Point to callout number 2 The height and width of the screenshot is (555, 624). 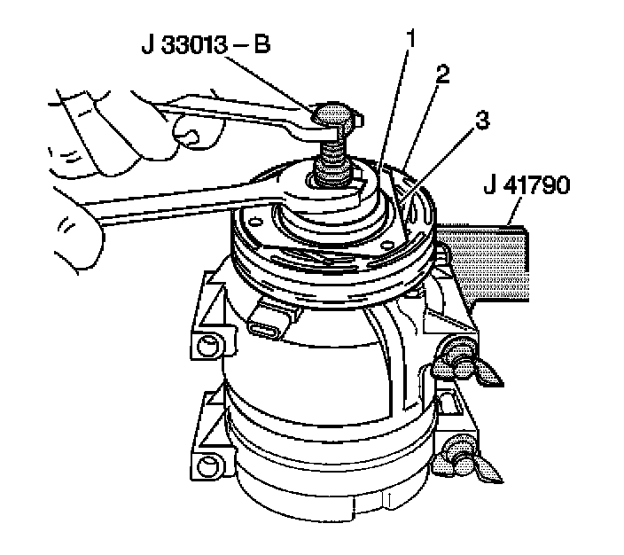[x=441, y=74]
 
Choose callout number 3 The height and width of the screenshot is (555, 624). [x=482, y=122]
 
